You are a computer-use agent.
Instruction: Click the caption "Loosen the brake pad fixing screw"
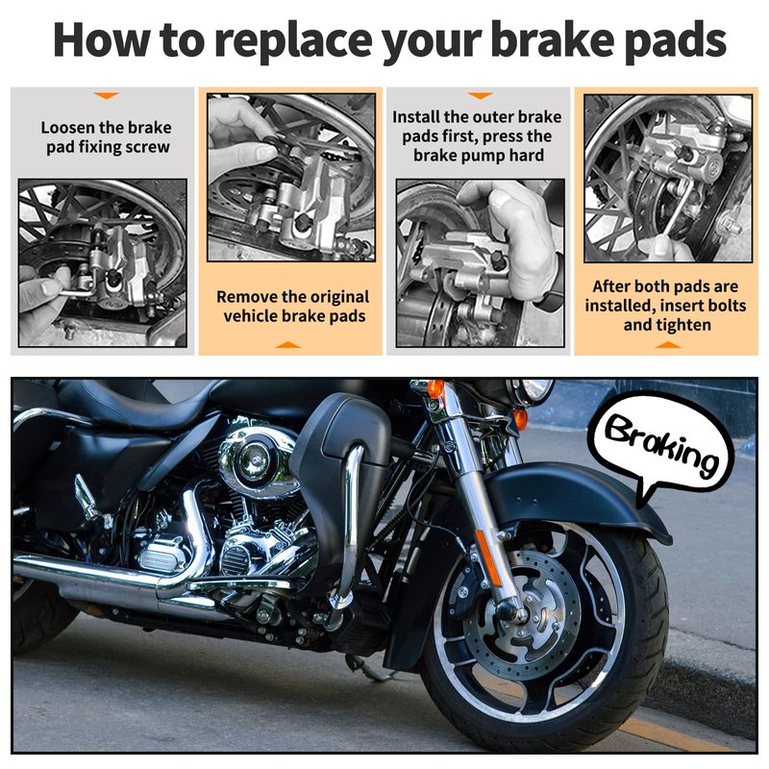pyautogui.click(x=107, y=137)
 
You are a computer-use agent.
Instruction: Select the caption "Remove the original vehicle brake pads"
pyautogui.click(x=293, y=307)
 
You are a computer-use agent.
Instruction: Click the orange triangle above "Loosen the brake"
pyautogui.click(x=107, y=95)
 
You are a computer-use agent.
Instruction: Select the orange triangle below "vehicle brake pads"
pyautogui.click(x=287, y=345)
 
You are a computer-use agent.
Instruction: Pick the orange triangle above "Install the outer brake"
pyautogui.click(x=480, y=95)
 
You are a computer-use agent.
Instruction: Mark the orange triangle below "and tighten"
pyautogui.click(x=667, y=345)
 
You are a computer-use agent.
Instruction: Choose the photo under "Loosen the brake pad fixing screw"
pyautogui.click(x=103, y=262)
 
